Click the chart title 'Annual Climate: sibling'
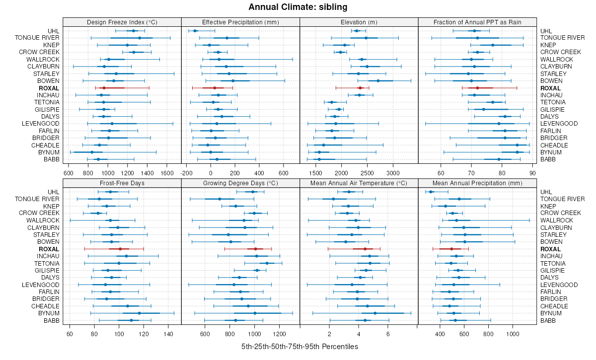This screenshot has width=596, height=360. click(x=298, y=7)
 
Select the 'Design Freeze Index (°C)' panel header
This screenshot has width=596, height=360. click(x=122, y=22)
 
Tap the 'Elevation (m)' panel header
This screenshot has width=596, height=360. click(x=359, y=22)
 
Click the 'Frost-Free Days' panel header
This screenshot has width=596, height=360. click(x=122, y=183)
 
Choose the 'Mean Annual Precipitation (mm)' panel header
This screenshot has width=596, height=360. click(x=477, y=183)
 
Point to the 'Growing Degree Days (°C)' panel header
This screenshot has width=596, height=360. click(x=240, y=183)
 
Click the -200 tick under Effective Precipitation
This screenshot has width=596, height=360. click(x=187, y=173)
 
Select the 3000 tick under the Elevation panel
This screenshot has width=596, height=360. click(x=393, y=173)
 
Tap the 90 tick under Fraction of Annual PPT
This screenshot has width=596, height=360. click(x=532, y=173)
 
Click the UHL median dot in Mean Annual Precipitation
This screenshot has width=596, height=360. click(x=431, y=192)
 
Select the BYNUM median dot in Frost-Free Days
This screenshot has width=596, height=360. click(x=139, y=313)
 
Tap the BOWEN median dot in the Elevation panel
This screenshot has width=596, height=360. click(x=378, y=81)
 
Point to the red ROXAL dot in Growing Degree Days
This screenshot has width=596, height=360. click(x=255, y=249)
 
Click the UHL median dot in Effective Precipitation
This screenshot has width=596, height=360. click(x=195, y=31)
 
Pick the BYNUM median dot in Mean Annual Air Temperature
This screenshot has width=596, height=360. click(x=375, y=313)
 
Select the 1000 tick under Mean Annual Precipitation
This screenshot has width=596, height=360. click(x=513, y=334)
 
